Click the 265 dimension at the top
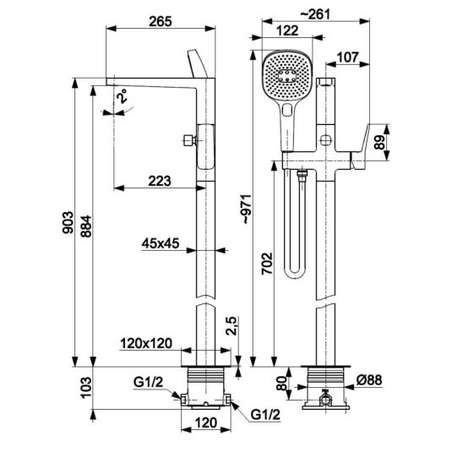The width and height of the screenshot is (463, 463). (x=160, y=22)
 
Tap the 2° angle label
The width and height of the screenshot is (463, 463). (x=122, y=95)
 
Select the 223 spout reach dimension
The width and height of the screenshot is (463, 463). (x=160, y=181)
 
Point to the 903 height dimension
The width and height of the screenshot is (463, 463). (x=68, y=222)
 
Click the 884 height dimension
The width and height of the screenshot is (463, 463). (x=86, y=226)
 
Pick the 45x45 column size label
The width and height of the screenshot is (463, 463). (x=161, y=243)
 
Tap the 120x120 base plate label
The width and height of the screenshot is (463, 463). (x=146, y=343)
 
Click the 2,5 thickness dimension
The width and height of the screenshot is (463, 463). (x=231, y=325)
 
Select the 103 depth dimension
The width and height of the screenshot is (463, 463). (x=86, y=388)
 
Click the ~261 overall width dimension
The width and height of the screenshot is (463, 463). (x=315, y=14)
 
